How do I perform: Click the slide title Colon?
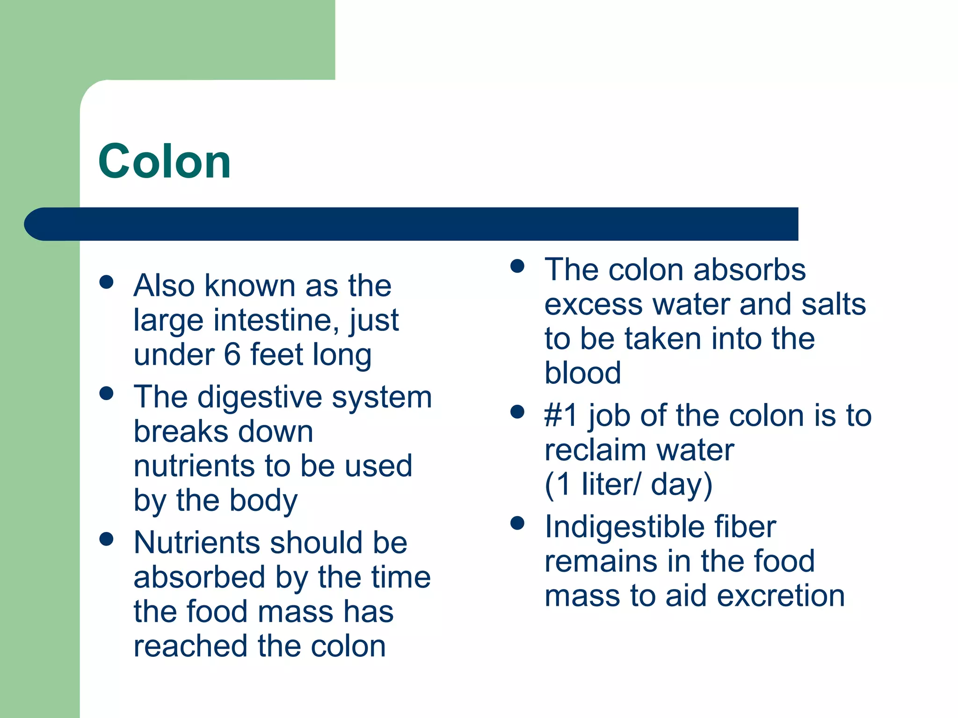(x=165, y=161)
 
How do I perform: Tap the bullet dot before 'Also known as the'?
(x=107, y=282)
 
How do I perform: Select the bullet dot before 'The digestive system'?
(x=107, y=393)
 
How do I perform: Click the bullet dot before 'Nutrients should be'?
(x=107, y=539)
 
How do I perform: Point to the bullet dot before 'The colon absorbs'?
(x=517, y=266)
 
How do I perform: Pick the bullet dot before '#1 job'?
(x=517, y=412)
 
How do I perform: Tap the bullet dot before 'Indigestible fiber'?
(x=517, y=523)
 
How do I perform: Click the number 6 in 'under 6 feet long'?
(x=232, y=354)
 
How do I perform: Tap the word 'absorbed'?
(x=200, y=577)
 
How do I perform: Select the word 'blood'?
(x=583, y=373)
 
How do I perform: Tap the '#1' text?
(x=561, y=416)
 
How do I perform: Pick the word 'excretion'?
(x=781, y=596)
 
